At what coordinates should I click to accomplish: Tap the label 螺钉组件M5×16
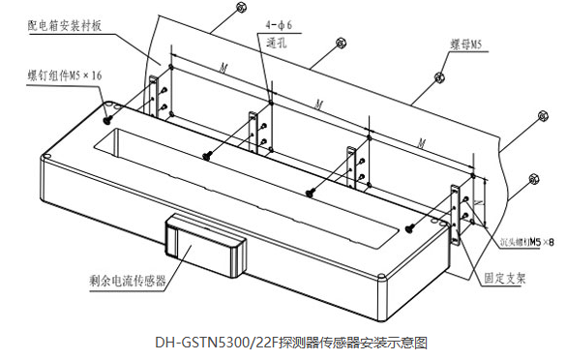59,73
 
